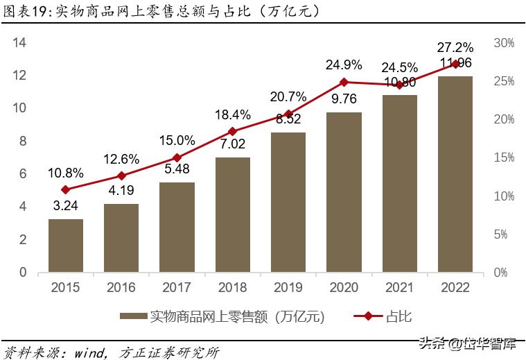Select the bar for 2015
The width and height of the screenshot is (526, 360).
point(66,246)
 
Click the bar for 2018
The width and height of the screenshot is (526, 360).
point(233,214)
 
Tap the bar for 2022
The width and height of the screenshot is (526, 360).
point(455,174)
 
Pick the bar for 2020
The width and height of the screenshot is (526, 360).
point(344,192)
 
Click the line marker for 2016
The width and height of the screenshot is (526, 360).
point(121,176)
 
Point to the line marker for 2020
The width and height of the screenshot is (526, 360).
point(344,83)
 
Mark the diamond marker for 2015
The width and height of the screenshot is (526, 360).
point(66,189)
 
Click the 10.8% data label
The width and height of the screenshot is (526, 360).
point(66,173)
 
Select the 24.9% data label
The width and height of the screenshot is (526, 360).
point(344,65)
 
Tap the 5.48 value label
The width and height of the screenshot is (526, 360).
point(177,168)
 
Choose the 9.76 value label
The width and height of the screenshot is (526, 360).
point(344,98)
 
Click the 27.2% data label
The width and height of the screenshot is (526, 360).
point(455,48)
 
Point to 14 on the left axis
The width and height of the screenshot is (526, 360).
point(20,43)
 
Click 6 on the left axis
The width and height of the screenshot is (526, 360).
point(23,174)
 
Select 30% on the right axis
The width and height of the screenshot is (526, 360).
point(504,43)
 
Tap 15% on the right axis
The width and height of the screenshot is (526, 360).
point(504,157)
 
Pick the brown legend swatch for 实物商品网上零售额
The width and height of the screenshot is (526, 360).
point(133,317)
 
